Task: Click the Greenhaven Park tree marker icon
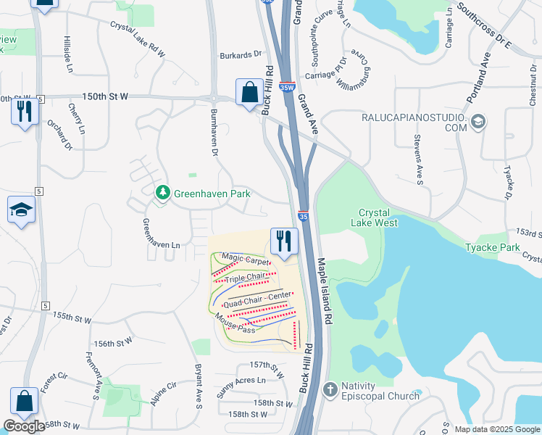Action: click(x=163, y=193)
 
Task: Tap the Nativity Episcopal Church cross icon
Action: click(x=330, y=389)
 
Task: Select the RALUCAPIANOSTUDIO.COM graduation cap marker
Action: click(x=478, y=121)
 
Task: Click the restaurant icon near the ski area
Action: click(x=284, y=241)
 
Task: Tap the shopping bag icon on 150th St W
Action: click(x=249, y=92)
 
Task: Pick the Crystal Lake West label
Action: click(x=375, y=217)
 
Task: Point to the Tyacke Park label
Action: click(x=493, y=247)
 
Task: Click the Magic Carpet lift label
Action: click(x=246, y=258)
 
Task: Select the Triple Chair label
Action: click(x=245, y=278)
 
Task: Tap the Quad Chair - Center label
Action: click(x=257, y=299)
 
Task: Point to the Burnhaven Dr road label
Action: click(x=213, y=131)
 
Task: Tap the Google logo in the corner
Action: click(x=24, y=426)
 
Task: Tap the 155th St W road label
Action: click(x=72, y=318)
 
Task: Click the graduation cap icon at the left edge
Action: click(x=21, y=210)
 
